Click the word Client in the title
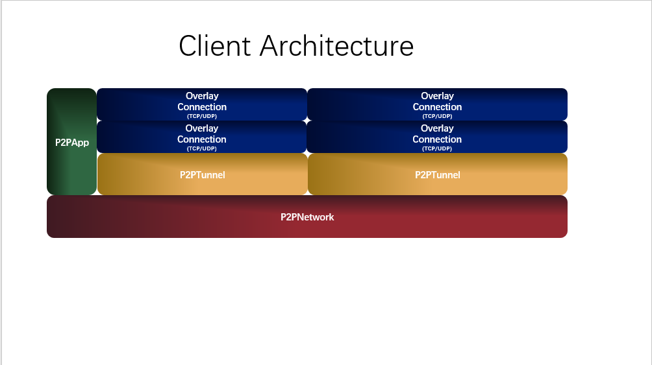click(x=214, y=45)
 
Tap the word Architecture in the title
click(x=337, y=45)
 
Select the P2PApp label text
click(x=72, y=143)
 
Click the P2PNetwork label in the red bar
click(x=307, y=217)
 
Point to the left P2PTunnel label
click(x=202, y=175)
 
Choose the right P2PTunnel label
click(x=438, y=175)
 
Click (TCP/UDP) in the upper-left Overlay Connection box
click(x=202, y=116)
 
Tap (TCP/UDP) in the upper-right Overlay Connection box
click(x=437, y=116)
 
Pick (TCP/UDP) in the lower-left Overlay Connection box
click(x=202, y=148)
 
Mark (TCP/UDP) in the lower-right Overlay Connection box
click(x=437, y=148)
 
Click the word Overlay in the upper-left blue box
click(x=202, y=96)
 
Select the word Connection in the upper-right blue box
click(x=437, y=107)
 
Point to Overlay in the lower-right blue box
click(x=437, y=128)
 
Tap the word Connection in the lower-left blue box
click(x=202, y=139)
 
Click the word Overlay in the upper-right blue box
click(x=437, y=96)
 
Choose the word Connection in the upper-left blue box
click(x=202, y=107)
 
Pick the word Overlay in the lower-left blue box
click(x=202, y=128)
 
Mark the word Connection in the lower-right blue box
click(x=437, y=139)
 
